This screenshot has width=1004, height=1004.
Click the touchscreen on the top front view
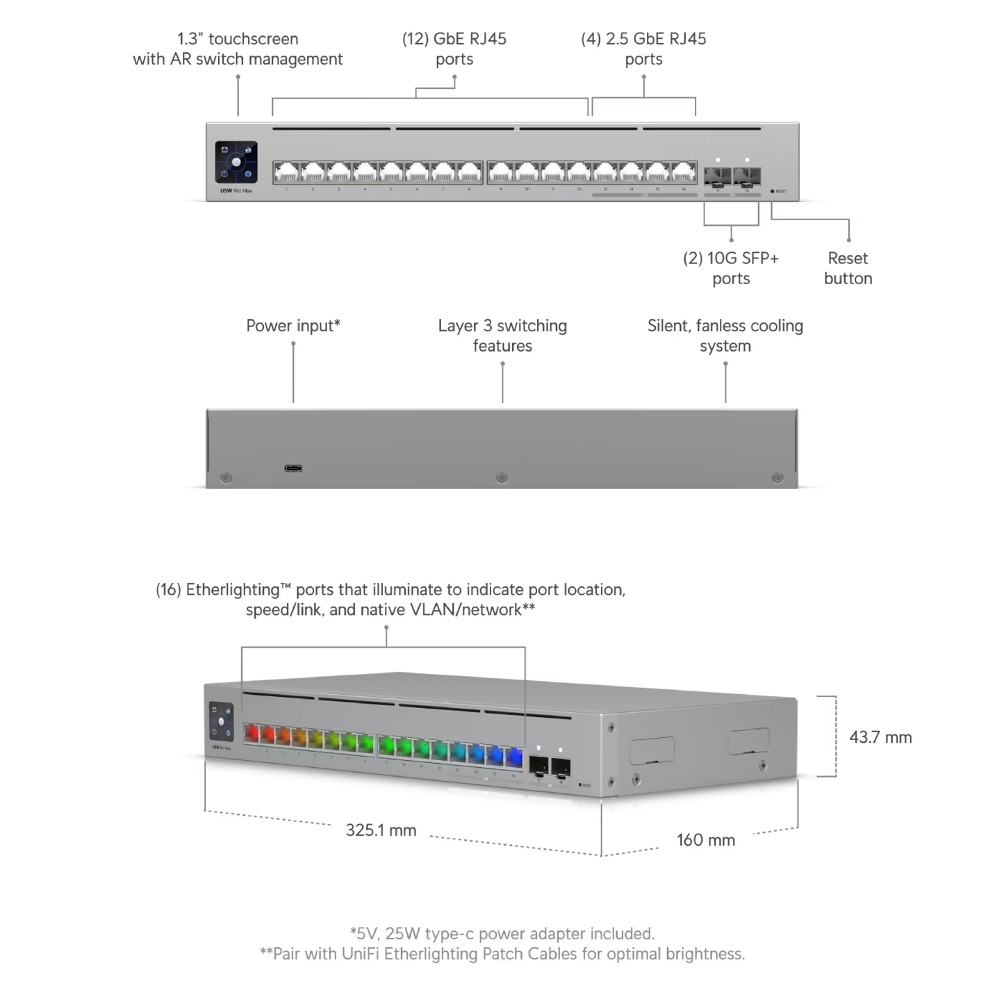point(236,163)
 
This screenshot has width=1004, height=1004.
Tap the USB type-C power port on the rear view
point(293,468)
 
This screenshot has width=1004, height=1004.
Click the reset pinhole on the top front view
point(772,190)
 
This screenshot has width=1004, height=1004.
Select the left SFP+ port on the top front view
point(717,174)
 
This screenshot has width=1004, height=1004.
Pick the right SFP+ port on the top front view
point(747,174)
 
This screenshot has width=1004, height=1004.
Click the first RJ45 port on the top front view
point(286,172)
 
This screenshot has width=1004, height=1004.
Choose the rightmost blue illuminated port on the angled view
point(514,755)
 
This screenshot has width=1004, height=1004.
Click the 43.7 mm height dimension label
point(880,737)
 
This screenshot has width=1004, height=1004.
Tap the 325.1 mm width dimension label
point(381,830)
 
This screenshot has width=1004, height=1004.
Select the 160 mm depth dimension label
point(706,839)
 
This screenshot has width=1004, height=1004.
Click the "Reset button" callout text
point(848,268)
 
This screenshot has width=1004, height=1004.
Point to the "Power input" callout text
point(293,325)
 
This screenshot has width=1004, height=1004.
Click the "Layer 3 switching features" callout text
point(502,335)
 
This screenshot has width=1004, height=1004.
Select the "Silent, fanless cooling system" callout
point(725,335)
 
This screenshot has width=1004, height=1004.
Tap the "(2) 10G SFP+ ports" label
point(731,268)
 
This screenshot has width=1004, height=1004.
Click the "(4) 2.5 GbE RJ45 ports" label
point(643,49)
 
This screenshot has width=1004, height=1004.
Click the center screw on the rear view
point(502,478)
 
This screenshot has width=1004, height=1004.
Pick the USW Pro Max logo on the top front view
point(233,191)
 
